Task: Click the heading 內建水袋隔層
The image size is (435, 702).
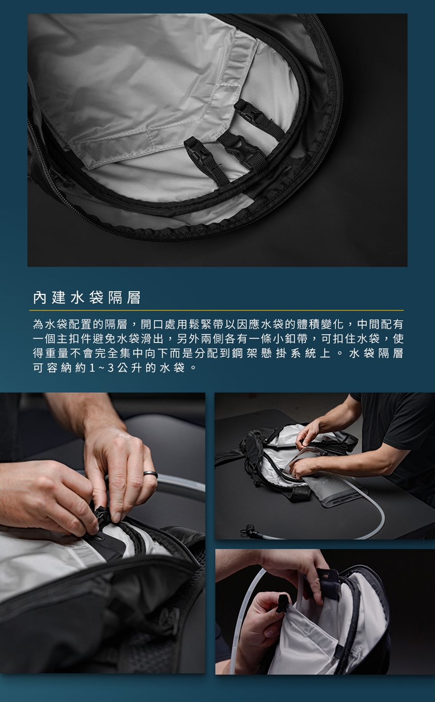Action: click(x=87, y=298)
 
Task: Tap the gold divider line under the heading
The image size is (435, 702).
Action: click(x=217, y=310)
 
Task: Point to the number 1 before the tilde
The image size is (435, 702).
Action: click(x=92, y=368)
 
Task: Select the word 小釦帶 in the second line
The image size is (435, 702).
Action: click(x=290, y=339)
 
